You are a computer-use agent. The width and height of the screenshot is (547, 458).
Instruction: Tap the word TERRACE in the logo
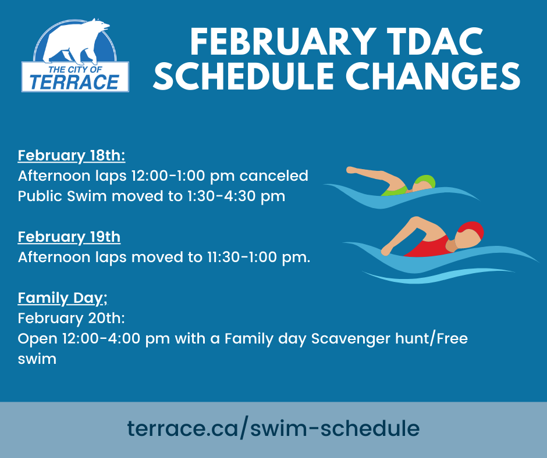74,83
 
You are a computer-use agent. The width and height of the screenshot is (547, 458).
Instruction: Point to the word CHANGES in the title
433,76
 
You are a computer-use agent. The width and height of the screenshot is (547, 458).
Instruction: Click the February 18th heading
72,155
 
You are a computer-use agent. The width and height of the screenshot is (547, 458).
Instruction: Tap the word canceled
274,176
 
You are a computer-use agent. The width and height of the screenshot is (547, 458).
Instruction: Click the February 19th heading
69,237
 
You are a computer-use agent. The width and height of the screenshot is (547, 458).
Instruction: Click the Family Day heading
62,298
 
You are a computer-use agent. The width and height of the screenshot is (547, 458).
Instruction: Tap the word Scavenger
350,339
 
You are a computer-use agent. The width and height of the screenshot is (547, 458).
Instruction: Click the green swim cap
425,183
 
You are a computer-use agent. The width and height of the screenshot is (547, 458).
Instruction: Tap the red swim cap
472,230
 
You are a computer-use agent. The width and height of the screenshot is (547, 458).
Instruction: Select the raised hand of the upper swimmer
351,170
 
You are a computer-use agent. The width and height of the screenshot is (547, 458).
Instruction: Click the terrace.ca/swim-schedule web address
273,428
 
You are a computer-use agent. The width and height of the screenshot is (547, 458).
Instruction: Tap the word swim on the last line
37,359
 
